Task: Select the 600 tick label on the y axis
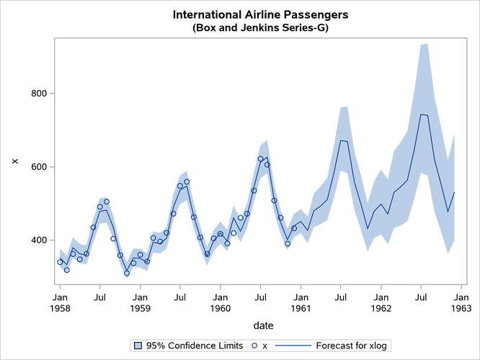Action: click(x=38, y=167)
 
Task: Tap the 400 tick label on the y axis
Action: click(x=38, y=240)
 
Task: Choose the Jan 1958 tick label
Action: click(x=60, y=302)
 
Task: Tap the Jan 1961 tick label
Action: click(x=301, y=302)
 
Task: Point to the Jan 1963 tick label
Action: click(x=461, y=302)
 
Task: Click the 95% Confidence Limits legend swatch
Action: click(x=137, y=346)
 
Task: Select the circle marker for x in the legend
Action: click(x=254, y=346)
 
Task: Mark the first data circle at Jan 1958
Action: click(x=60, y=262)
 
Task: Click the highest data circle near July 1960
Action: click(x=260, y=158)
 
